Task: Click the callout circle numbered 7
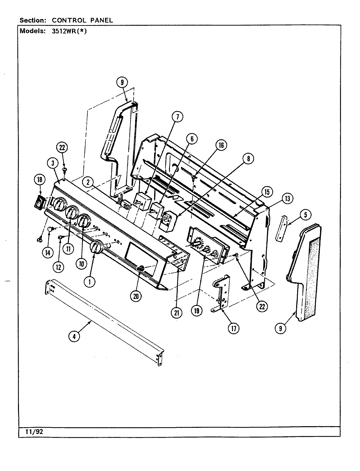178,117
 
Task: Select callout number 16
221,145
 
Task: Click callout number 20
135,296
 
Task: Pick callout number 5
305,215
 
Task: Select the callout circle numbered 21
177,313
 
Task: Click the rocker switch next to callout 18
40,202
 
